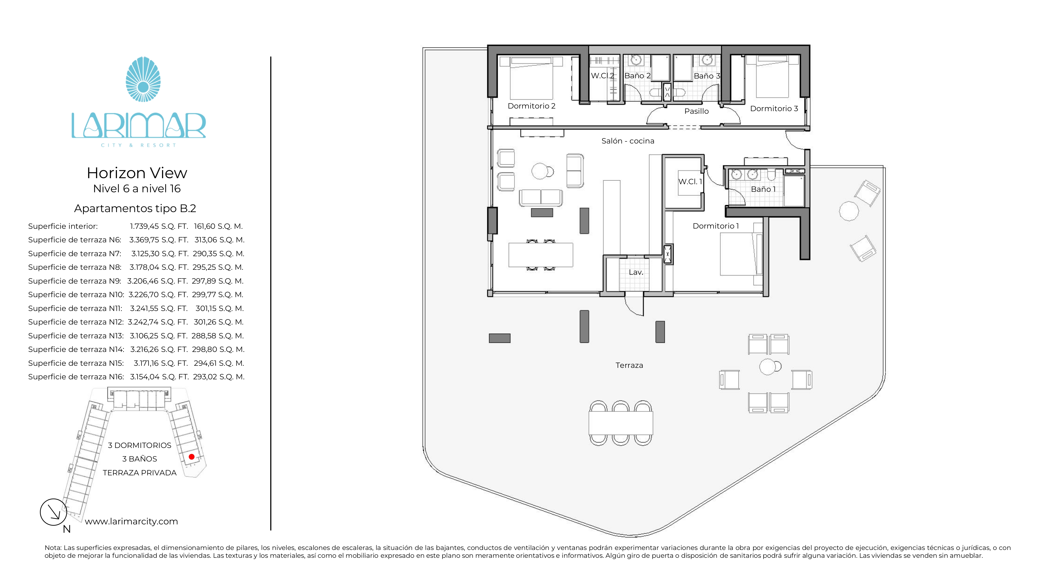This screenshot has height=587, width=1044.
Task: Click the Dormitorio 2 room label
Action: (x=531, y=106)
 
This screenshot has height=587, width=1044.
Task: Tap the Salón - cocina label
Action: (x=628, y=141)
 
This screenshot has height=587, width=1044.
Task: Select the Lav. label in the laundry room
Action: (x=636, y=272)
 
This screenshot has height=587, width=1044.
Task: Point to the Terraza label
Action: (x=629, y=366)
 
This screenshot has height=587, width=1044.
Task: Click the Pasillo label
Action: (x=696, y=111)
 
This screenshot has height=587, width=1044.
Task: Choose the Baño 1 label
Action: (x=763, y=189)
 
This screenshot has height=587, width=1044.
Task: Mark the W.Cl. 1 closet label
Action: (x=690, y=182)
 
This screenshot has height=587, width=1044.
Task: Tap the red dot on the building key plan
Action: (x=192, y=457)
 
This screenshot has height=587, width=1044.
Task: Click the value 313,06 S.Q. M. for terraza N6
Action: (x=219, y=240)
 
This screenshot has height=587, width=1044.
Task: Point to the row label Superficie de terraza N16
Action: (x=76, y=377)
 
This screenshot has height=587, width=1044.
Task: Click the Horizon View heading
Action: (x=137, y=173)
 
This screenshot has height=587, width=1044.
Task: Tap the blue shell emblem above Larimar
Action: (x=143, y=79)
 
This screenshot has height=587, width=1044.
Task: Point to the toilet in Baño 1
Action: (x=771, y=175)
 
